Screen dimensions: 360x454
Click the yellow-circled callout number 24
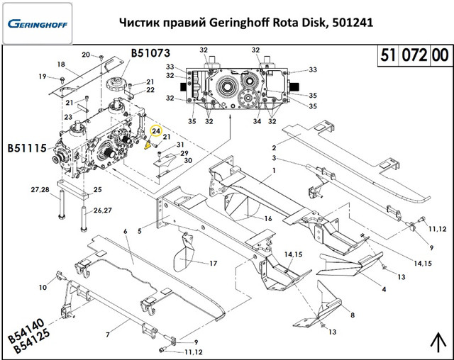pos(157,130)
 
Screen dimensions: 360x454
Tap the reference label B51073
pos(150,52)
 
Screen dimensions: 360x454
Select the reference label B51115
pos(27,149)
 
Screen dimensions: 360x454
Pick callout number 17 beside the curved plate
pos(213,264)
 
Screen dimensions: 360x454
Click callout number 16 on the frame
pos(268,219)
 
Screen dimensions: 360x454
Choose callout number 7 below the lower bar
pos(107,334)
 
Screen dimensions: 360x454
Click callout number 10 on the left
pos(43,287)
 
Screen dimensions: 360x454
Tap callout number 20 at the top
pos(85,55)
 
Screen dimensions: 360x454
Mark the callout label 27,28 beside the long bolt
pos(39,190)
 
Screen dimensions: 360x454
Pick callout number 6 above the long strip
pos(126,231)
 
